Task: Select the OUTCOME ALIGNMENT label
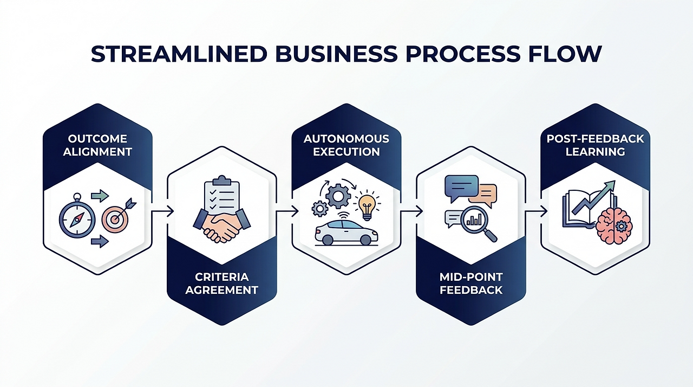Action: click(x=97, y=145)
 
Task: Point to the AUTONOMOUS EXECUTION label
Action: click(x=346, y=145)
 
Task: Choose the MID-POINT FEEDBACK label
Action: click(x=471, y=283)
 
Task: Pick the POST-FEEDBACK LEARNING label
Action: click(x=596, y=145)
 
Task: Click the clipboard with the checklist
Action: click(x=222, y=198)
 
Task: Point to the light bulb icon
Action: click(x=368, y=207)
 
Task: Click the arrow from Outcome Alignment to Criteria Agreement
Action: click(x=162, y=211)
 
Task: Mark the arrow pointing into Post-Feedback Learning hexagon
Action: click(x=536, y=211)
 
